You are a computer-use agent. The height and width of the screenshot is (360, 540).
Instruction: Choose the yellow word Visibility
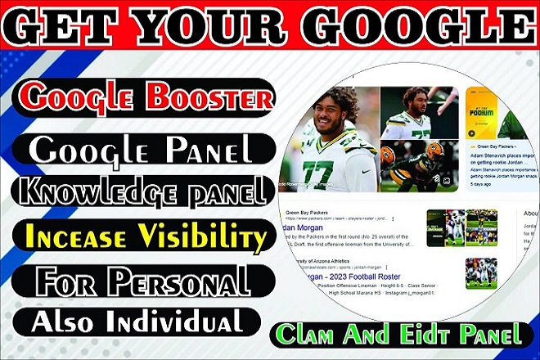click(203, 238)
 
